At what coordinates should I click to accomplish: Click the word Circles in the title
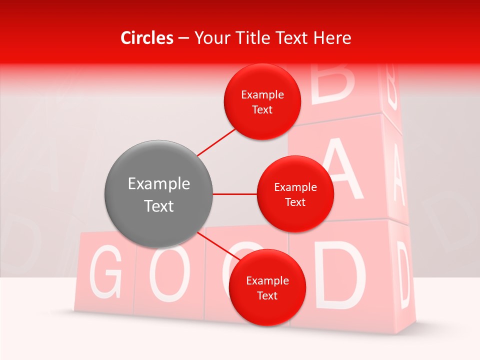[146, 38]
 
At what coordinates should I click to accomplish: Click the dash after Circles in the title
[183, 38]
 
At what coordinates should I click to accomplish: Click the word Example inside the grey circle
[159, 184]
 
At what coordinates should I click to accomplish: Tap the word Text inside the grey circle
[159, 206]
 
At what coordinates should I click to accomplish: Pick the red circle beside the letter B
[262, 102]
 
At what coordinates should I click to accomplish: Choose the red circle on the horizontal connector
[295, 194]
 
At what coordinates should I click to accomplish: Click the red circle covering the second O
[267, 288]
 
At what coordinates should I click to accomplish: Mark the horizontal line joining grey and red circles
[234, 194]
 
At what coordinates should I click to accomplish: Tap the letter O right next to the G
[170, 272]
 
